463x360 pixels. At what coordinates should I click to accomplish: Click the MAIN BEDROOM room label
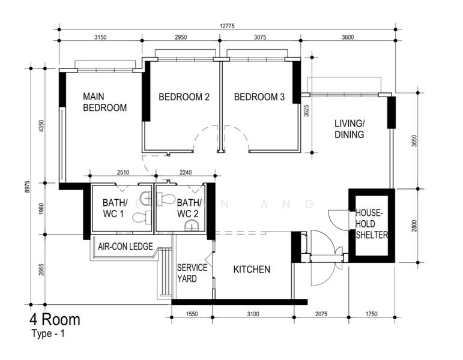pyautogui.click(x=104, y=102)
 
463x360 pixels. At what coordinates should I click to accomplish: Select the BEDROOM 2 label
pyautogui.click(x=184, y=97)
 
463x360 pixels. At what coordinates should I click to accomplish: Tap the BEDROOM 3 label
pyautogui.click(x=259, y=97)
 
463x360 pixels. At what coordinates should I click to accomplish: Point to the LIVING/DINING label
pyautogui.click(x=349, y=129)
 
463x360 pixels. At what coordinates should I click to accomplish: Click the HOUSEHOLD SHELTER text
pyautogui.click(x=372, y=224)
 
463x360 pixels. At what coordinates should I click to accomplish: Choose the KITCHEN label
pyautogui.click(x=252, y=269)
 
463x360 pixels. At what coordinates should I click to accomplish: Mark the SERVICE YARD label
pyautogui.click(x=192, y=273)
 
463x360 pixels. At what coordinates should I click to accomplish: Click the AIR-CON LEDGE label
pyautogui.click(x=125, y=246)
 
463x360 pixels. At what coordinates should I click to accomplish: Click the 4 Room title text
pyautogui.click(x=54, y=319)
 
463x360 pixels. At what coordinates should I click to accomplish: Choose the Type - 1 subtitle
pyautogui.click(x=47, y=334)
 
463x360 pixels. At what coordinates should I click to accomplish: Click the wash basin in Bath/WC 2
pyautogui.click(x=191, y=226)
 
